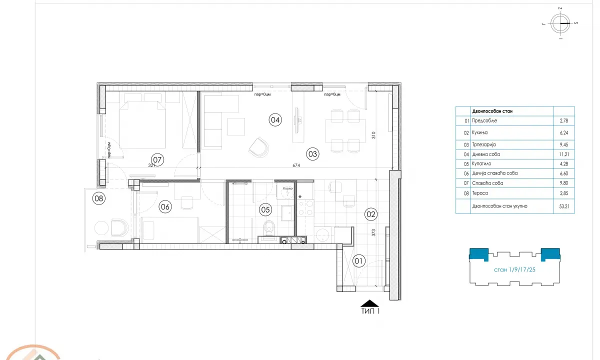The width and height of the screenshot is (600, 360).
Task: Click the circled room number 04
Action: pos(275,119)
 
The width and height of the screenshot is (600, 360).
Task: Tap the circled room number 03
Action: pos(312,154)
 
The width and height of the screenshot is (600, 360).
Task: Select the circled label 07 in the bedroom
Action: pos(158,160)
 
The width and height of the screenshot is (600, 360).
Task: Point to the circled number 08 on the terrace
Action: pos(99,198)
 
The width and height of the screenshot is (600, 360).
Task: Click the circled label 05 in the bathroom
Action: pos(265,210)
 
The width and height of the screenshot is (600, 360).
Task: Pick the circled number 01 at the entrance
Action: pos(358,260)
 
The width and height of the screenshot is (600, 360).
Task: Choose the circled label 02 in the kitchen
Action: pos(371,214)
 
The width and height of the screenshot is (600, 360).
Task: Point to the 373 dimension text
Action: pos(374,233)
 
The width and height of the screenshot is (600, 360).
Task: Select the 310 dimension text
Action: pos(373,135)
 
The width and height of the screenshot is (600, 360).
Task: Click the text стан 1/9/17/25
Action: pos(515,270)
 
